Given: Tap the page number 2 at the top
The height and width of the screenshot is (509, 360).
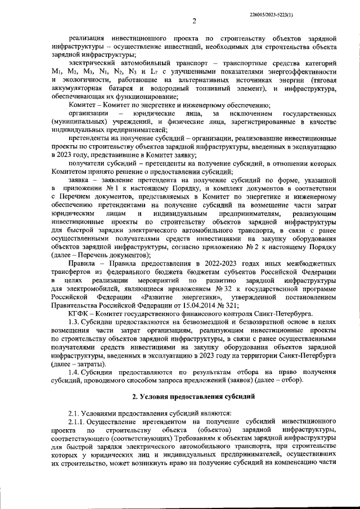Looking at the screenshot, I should pos(193,22).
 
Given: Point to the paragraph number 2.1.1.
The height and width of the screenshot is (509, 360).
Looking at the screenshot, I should pos(78,422).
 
